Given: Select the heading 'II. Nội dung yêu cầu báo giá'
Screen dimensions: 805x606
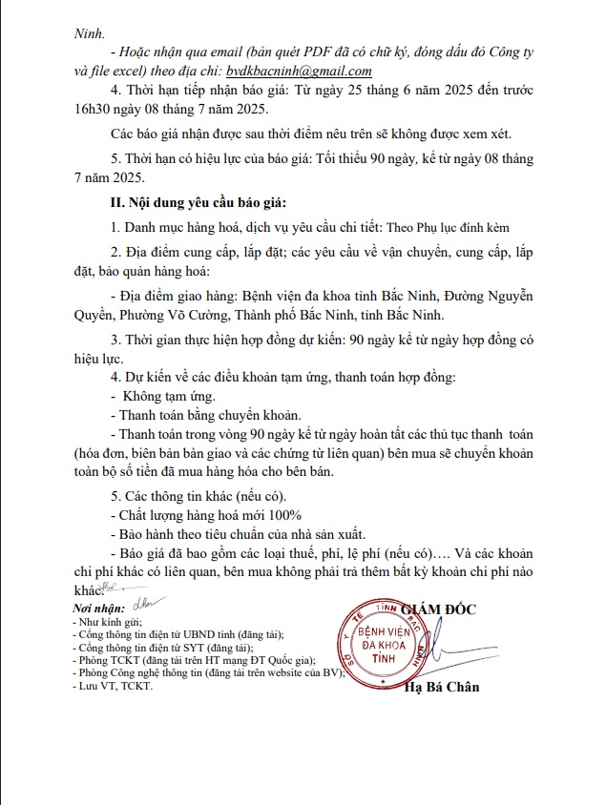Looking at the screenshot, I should [198, 203].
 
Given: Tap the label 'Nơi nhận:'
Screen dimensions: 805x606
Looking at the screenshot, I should [98, 609].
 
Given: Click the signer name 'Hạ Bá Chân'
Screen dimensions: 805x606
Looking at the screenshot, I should [442, 687].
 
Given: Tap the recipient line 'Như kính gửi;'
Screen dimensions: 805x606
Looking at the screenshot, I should [106, 621].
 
